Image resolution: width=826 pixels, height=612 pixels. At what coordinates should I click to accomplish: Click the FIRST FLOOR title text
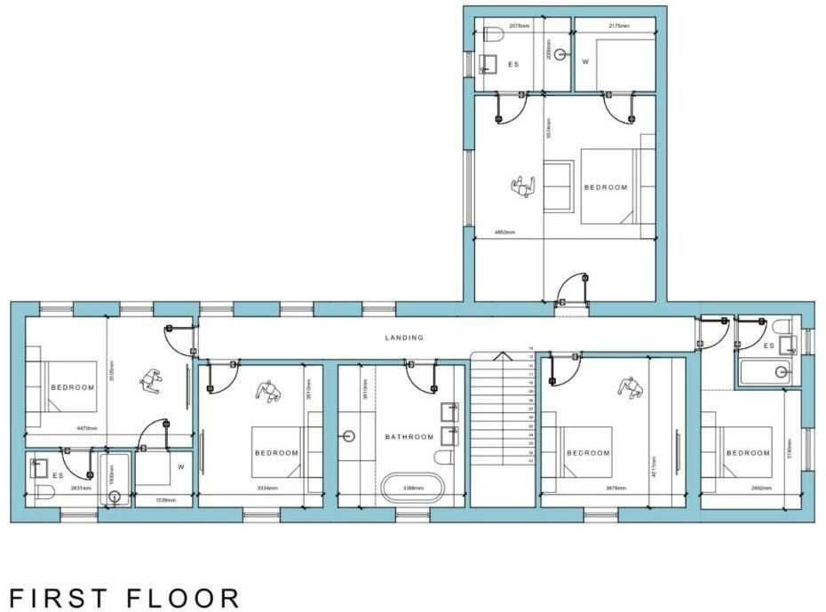coord(124,597)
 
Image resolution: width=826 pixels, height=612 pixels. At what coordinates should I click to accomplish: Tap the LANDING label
coord(404,338)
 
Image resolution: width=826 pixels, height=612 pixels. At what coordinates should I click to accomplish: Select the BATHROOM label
coord(409,436)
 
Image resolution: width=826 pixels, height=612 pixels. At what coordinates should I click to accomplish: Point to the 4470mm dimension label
coord(61,428)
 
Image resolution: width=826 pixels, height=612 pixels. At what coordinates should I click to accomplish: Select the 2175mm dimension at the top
coord(619,27)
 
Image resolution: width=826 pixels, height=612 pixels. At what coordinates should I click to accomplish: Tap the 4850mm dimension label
coord(504,233)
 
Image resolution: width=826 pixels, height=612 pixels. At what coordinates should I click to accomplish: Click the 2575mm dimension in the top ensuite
coord(520,27)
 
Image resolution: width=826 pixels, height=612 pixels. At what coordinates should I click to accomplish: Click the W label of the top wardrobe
coord(585,62)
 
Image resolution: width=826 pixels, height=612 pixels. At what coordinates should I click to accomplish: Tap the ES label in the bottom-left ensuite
coord(58,475)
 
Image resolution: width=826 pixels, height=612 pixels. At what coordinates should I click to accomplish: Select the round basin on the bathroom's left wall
coord(348,436)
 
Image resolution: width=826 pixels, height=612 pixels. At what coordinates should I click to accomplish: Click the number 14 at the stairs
coord(531,349)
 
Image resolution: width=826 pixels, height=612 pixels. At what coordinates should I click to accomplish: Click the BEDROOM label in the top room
coord(606,187)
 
